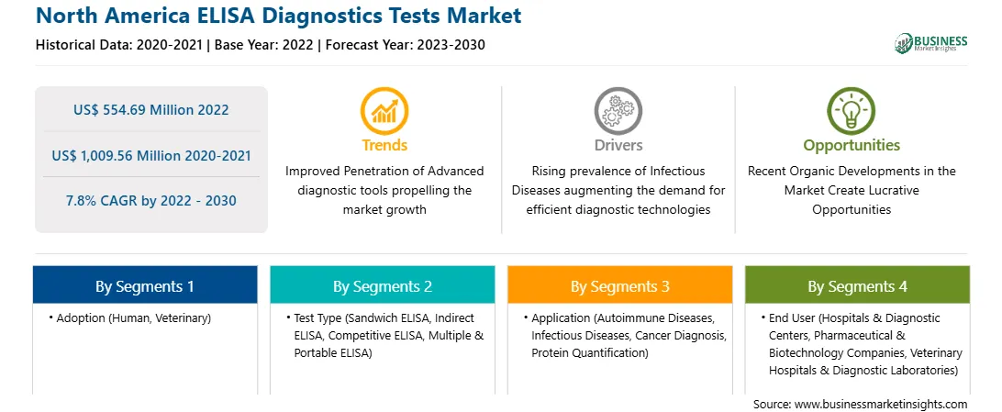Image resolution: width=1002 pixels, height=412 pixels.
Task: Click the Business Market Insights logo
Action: pos(930,43)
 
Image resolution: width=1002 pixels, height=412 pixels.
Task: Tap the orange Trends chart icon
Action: pos(384,111)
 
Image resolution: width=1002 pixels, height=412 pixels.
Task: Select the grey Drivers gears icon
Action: pos(618,111)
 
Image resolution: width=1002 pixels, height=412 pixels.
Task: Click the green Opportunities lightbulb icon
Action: pos(852,111)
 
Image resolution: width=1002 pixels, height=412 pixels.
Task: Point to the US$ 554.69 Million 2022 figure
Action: pos(150,110)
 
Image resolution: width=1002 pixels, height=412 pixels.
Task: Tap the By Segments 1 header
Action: pos(145,286)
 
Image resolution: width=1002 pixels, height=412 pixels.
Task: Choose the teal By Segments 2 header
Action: pos(382,286)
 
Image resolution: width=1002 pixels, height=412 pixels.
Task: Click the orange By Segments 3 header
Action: pos(620,286)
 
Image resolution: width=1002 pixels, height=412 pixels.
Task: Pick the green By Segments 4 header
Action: pos(857,286)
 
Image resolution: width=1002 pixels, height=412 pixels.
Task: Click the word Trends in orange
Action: pos(384,145)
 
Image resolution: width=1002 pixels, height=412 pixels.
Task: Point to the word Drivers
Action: pos(618,145)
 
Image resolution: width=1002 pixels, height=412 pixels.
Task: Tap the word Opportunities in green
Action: pos(852,145)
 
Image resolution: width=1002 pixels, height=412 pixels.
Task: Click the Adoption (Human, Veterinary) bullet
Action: pos(129,317)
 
